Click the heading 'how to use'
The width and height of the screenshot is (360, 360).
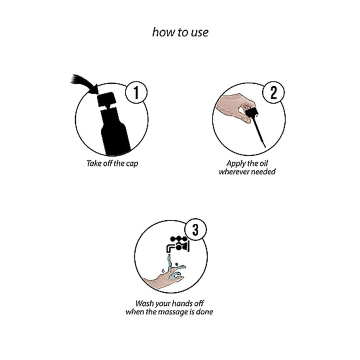coord(180,32)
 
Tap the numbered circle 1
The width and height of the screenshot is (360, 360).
coord(136,92)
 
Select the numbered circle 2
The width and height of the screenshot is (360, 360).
coord(273,92)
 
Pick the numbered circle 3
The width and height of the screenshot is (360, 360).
coord(195,229)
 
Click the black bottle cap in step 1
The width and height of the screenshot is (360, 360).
coord(106,99)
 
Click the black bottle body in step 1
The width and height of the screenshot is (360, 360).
coord(115,132)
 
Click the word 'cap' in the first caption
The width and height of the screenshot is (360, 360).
coord(132,163)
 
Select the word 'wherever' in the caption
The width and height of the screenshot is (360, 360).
coord(233,171)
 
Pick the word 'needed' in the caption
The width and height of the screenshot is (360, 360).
coord(262,171)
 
